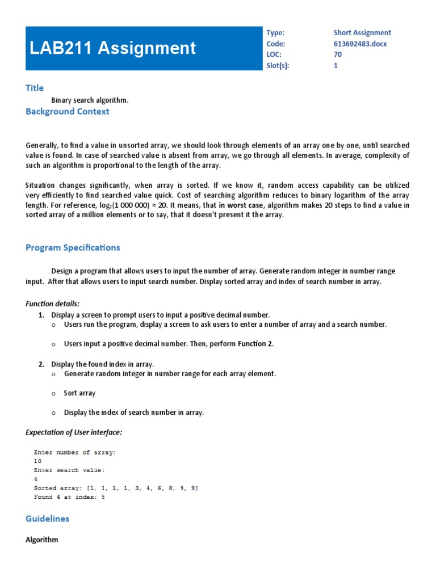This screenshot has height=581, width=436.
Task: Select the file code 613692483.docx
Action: pos(360,44)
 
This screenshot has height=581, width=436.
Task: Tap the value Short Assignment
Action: pos(362,33)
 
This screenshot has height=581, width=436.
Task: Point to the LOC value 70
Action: pos(338,54)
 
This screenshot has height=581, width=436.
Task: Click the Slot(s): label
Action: pos(278,65)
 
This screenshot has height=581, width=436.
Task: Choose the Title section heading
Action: pos(35,87)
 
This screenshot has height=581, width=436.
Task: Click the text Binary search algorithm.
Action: pos(90,100)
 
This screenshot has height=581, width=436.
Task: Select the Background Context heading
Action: pos(67,111)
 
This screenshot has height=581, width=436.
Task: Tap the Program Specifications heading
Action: pos(73,247)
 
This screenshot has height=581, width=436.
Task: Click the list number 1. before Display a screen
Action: pos(41,314)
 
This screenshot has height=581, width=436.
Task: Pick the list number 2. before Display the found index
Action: pos(41,364)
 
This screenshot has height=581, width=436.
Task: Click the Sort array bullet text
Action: pos(79,393)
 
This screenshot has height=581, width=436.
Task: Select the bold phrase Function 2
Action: pos(255,344)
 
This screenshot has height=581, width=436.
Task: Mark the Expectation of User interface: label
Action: pos(74,432)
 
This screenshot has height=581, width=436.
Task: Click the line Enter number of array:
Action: pos(74,452)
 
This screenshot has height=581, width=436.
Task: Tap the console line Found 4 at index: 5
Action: pos(69,497)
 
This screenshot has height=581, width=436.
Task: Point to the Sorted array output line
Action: pos(116,488)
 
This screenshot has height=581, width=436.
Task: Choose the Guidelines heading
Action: pos(47,519)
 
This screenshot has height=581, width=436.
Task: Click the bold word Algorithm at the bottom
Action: pos(42,540)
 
